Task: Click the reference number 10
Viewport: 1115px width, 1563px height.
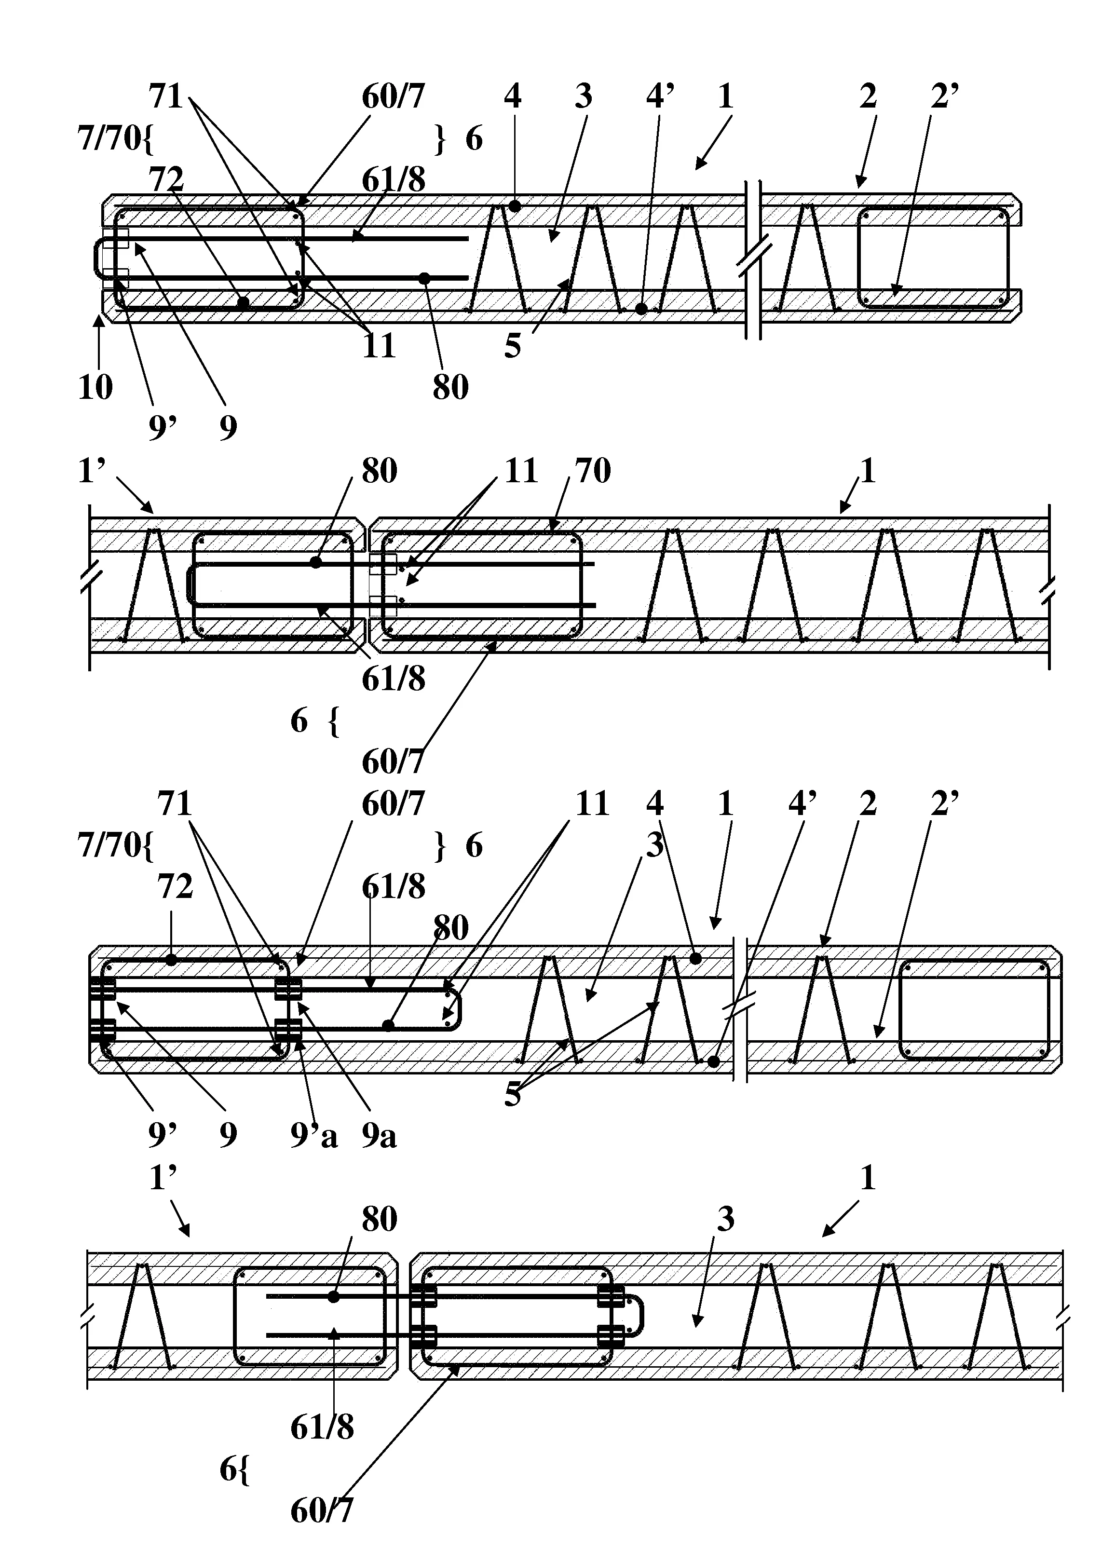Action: pos(95,387)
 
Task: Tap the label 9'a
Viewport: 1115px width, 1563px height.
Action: pos(314,1136)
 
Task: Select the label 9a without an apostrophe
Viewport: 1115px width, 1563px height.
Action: pos(380,1136)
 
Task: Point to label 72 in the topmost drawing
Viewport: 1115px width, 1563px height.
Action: pos(167,180)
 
